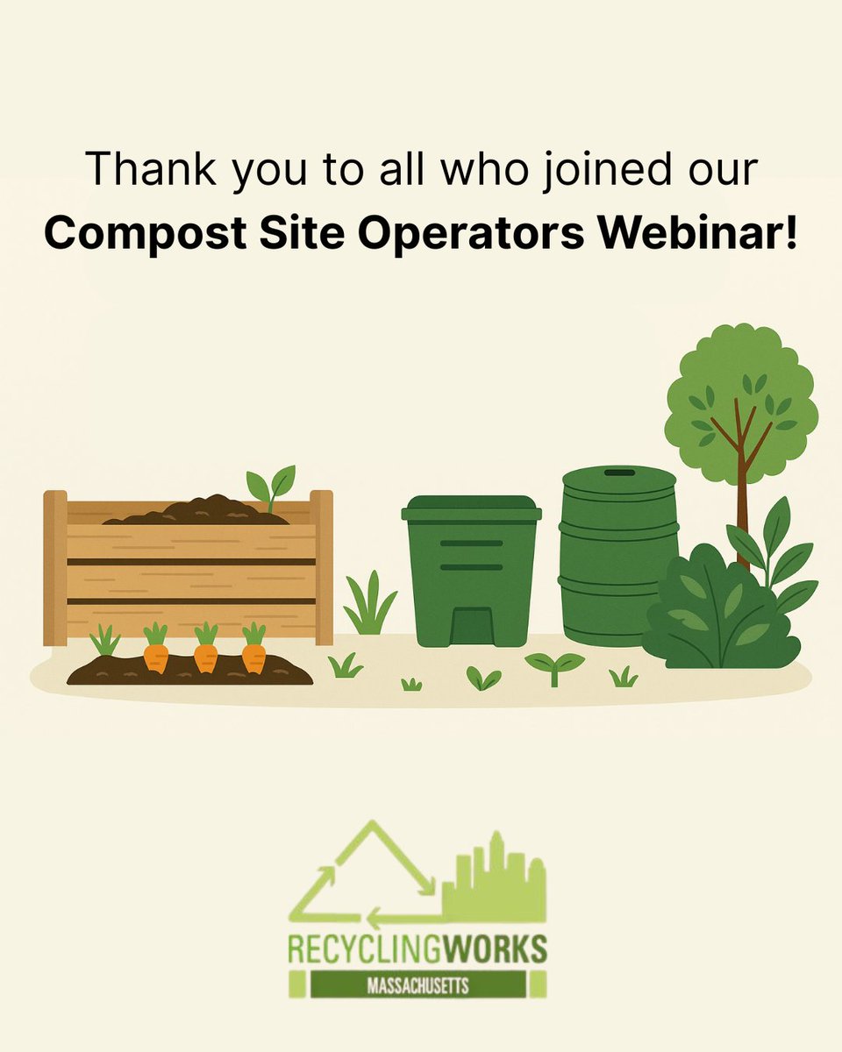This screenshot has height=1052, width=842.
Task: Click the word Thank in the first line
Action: (153, 169)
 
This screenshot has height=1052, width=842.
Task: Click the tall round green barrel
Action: (619, 561)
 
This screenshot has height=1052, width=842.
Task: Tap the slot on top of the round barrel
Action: (619, 473)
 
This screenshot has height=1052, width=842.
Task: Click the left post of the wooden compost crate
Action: (55, 568)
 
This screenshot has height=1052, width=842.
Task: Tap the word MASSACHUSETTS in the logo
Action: (417, 984)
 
